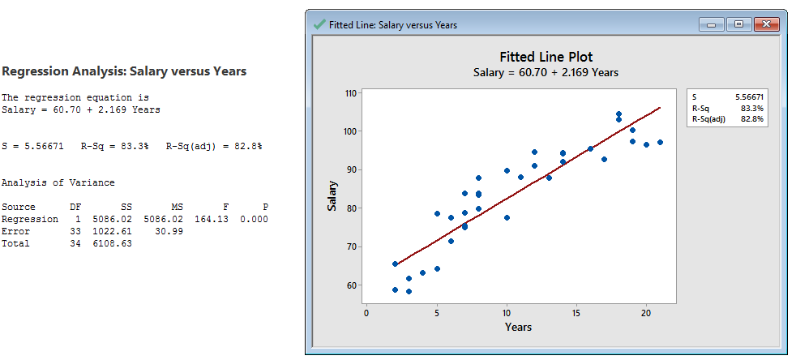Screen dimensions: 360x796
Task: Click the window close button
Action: [x=764, y=24]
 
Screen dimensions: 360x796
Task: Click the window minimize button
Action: [x=715, y=24]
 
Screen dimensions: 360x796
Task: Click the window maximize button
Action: [x=738, y=24]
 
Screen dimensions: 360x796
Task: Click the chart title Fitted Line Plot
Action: [x=546, y=57]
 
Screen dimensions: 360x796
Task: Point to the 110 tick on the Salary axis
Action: [x=350, y=93]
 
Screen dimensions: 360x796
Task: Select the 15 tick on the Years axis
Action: [x=576, y=312]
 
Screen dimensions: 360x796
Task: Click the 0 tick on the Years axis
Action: [x=366, y=312]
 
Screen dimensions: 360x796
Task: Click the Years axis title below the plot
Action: [x=518, y=327]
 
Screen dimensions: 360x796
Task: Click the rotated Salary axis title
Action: [x=332, y=197]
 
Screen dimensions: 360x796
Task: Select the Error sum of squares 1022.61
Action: [x=114, y=231]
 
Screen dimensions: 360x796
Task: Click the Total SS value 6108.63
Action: [x=114, y=243]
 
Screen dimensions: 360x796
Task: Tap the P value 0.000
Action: [x=254, y=219]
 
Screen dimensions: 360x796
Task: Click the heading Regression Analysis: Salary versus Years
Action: [x=125, y=71]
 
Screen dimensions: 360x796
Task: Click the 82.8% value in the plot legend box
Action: [x=752, y=118]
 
